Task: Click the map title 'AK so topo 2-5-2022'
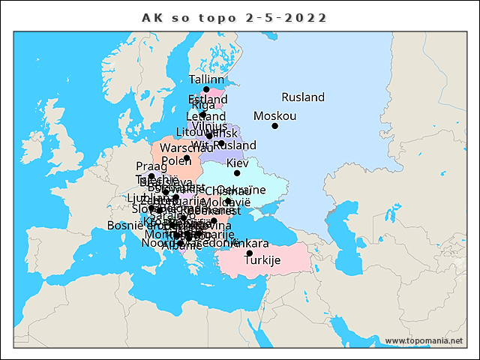point(235,17)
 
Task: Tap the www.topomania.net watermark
point(423,341)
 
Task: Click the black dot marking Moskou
point(275,126)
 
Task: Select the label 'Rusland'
point(303,97)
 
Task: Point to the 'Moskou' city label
point(274,116)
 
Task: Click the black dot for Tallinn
point(206,89)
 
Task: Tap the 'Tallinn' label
point(206,79)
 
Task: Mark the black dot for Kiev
point(237,173)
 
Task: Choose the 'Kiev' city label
point(237,163)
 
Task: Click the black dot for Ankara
point(250,253)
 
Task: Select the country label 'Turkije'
point(262,260)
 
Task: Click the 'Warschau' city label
point(181,148)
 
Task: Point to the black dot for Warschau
point(187,158)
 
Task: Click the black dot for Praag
point(151,176)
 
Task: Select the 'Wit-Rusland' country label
point(223,145)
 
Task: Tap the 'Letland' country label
point(205,117)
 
